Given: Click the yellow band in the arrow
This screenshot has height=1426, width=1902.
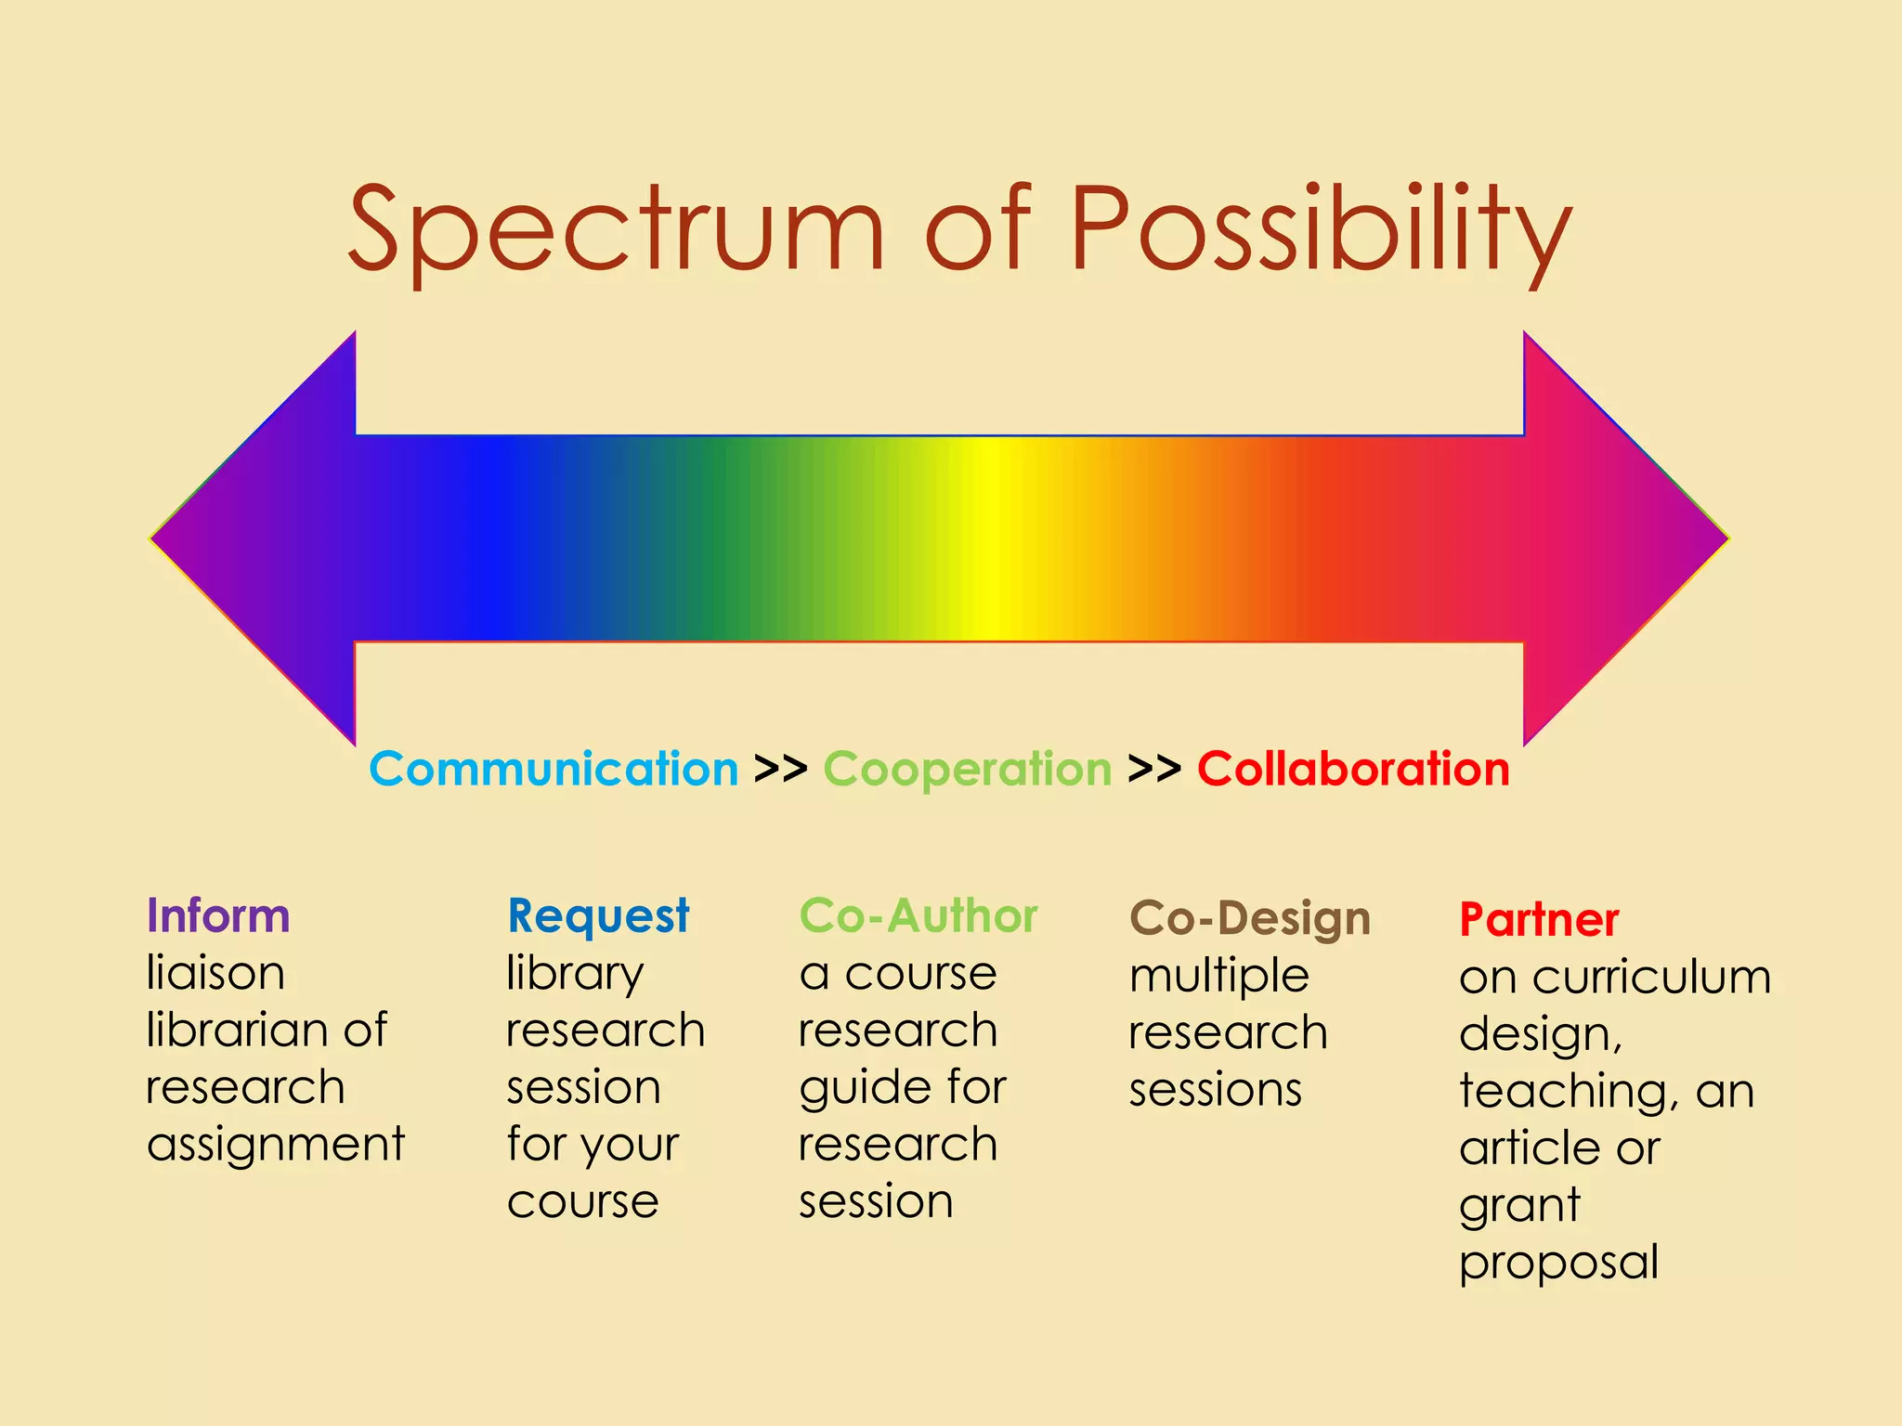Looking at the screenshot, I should point(990,538).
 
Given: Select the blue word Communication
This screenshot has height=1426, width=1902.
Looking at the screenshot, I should point(554,770).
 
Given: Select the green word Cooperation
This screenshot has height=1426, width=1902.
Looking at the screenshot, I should point(967,770).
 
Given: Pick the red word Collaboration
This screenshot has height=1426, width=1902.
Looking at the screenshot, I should point(1353,770).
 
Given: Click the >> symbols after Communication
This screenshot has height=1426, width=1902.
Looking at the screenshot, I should point(780,770).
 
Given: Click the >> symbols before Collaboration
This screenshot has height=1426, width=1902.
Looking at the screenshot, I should point(1153,770).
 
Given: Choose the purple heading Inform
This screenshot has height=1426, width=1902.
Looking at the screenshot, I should point(218,916).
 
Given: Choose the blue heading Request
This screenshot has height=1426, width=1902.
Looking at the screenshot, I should point(598,916).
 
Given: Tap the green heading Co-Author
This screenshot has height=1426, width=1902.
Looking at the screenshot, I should point(918,916).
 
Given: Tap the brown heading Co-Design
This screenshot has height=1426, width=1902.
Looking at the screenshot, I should point(1249,918).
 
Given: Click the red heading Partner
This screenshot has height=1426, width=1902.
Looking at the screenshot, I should point(1538,920).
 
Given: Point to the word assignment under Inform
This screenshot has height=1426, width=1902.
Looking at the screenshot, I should point(276,1145).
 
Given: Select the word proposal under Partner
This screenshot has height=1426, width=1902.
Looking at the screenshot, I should point(1557,1263).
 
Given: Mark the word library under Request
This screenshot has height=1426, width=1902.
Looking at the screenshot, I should point(575,975).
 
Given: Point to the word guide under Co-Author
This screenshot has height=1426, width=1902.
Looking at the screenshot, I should point(853,1089).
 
